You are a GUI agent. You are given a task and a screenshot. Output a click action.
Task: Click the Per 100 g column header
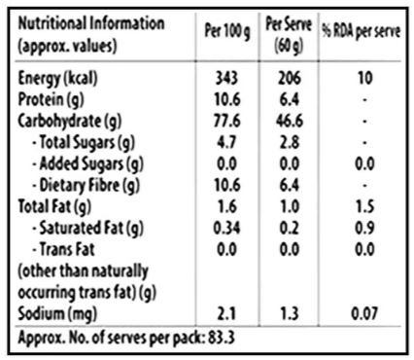pos(227,31)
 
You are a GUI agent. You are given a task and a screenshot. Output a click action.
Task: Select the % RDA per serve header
pos(362,31)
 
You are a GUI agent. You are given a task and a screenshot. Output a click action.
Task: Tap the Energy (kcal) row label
pos(57,78)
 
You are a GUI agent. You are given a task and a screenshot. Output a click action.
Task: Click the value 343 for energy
pos(226,78)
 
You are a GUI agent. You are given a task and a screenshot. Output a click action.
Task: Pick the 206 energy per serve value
pos(290,78)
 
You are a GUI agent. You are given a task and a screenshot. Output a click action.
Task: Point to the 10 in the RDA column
pos(364,78)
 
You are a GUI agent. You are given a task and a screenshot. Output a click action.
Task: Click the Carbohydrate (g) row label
pos(70,122)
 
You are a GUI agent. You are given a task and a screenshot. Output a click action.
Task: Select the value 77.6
pos(226,121)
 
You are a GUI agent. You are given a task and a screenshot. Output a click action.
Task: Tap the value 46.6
pos(290,121)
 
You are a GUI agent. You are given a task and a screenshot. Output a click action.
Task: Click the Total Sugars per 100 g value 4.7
pos(226,142)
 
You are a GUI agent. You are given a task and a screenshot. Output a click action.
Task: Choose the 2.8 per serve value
pos(290,142)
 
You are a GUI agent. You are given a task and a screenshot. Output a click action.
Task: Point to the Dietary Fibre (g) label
pos(86,186)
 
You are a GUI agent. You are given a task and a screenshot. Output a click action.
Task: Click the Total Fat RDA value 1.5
pos(364,206)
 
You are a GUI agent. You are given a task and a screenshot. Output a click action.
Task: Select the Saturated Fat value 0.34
pos(226,228)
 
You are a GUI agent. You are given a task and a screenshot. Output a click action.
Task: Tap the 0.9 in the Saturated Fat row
pos(364,228)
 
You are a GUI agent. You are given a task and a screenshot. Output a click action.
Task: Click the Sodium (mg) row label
pos(57,314)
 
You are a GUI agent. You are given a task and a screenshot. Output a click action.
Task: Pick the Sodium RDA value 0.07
pos(364,313)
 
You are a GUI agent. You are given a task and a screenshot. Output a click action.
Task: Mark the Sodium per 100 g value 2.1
pos(226,313)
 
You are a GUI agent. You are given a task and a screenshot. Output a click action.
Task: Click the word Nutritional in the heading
pos(52,23)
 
